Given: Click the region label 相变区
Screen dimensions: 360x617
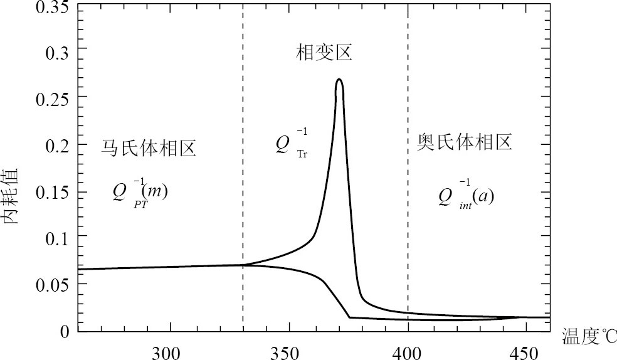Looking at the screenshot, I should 324,53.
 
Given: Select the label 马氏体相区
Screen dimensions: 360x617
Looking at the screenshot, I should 149,148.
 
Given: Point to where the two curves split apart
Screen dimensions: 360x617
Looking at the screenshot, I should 243,265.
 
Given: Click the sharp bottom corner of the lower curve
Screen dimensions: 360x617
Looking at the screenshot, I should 349,317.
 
